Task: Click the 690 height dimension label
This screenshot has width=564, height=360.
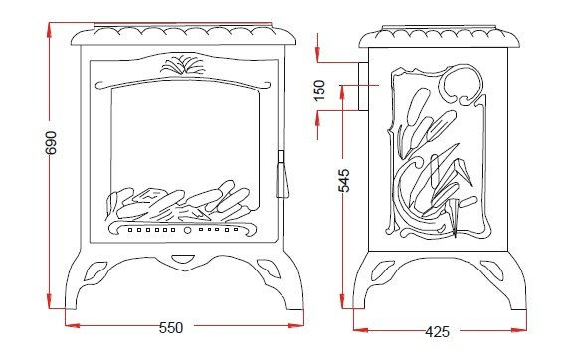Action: coord(51,143)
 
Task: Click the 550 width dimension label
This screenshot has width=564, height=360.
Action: coord(171,327)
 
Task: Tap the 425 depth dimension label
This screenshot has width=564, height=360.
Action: coord(437,331)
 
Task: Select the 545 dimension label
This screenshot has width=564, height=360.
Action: coord(344,181)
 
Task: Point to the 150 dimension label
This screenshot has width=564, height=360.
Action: coord(319,90)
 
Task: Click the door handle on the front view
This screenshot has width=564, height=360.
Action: coord(282,174)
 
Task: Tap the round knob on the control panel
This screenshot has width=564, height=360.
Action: coord(187,230)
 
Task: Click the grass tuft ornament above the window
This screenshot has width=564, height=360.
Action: coord(183,65)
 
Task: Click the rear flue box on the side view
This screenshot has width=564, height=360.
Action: coord(363,87)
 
